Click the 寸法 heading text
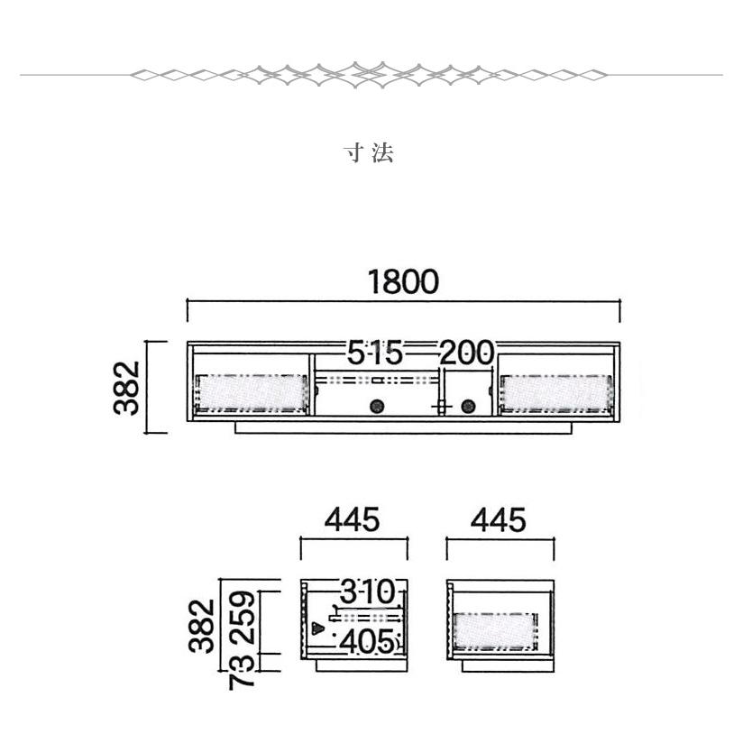369,153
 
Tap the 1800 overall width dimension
403,282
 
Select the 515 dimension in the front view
375,353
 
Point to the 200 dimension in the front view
467,353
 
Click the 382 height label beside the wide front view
127,388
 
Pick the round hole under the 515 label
377,406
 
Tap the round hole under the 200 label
468,406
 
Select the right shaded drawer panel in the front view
555,393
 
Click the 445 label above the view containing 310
352,519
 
